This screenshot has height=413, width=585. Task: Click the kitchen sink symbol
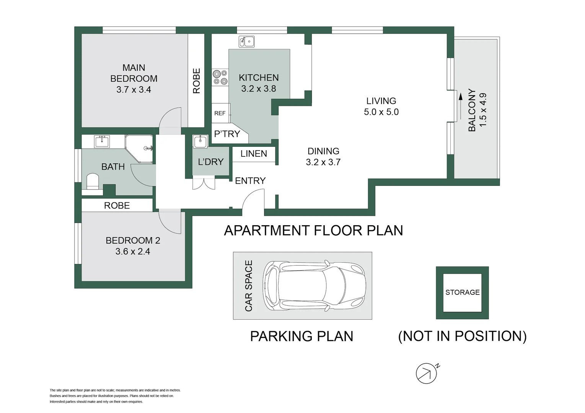point(246,41)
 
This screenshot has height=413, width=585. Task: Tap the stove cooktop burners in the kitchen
point(220,77)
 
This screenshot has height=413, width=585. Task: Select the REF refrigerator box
point(220,113)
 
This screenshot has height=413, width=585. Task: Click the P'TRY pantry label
point(227,134)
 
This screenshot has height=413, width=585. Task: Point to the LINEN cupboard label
point(254,154)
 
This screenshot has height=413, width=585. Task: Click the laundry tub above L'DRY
point(200,141)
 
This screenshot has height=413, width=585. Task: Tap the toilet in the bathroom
point(93,181)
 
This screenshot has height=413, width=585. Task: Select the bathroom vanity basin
point(102,141)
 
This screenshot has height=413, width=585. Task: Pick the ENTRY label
point(250,181)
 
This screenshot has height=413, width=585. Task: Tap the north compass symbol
point(427,373)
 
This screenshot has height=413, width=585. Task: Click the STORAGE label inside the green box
point(462,293)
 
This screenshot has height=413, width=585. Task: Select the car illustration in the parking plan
point(313,285)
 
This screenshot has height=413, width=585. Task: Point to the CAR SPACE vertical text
point(249,286)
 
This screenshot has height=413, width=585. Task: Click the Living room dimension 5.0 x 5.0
point(381,112)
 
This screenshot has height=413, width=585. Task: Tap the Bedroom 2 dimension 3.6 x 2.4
point(133,252)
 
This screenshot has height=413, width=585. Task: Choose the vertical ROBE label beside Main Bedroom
point(196,81)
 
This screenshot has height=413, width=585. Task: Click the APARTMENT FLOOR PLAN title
point(313,231)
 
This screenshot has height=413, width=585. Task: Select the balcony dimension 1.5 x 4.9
point(483,110)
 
